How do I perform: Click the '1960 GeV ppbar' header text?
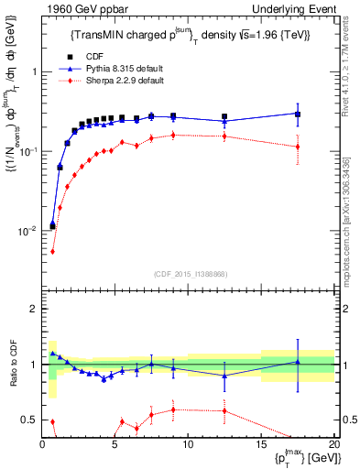point(79,9)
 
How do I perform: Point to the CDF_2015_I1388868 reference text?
point(190,273)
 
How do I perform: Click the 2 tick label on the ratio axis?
point(33,309)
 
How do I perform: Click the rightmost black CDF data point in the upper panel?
point(298,114)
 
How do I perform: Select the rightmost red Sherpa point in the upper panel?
point(298,147)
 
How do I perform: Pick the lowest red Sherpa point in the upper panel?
point(52,251)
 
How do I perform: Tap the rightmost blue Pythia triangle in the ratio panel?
point(298,362)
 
